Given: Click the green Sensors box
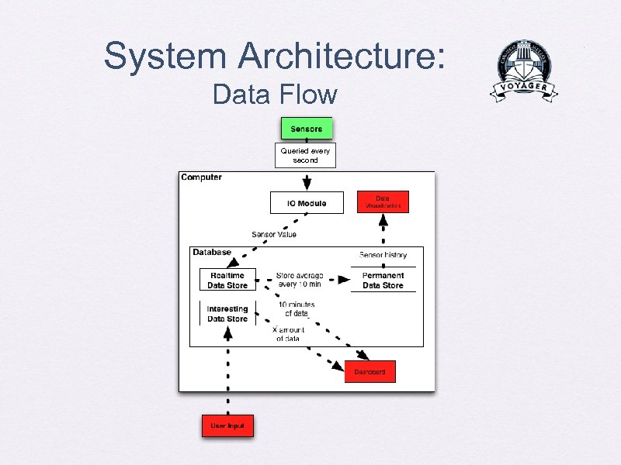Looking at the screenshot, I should pyautogui.click(x=306, y=129).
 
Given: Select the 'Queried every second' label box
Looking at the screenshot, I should pyautogui.click(x=306, y=156).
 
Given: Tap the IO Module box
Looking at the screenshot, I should pyautogui.click(x=306, y=204).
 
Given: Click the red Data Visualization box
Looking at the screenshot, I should pyautogui.click(x=383, y=202).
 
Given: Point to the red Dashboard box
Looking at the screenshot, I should pyautogui.click(x=369, y=372).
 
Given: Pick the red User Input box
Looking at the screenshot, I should pyautogui.click(x=227, y=426).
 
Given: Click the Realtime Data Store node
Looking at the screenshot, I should pyautogui.click(x=227, y=281).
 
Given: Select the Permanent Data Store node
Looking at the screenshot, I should pyautogui.click(x=383, y=281).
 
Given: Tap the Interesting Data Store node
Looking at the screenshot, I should pyautogui.click(x=227, y=314).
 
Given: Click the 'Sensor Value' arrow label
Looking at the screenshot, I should pyautogui.click(x=273, y=234).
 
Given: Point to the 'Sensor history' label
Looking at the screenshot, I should pyautogui.click(x=382, y=254).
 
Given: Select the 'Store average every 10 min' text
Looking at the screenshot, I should pyautogui.click(x=300, y=280).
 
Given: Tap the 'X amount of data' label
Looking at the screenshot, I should pyautogui.click(x=289, y=334).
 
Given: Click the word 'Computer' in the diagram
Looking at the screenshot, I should pyautogui.click(x=201, y=177).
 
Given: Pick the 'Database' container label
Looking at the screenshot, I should pyautogui.click(x=212, y=253).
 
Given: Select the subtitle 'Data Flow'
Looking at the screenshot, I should pyautogui.click(x=275, y=95).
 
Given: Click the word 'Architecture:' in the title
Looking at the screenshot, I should pyautogui.click(x=342, y=56).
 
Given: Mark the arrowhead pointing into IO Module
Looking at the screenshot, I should pyautogui.click(x=307, y=184).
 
